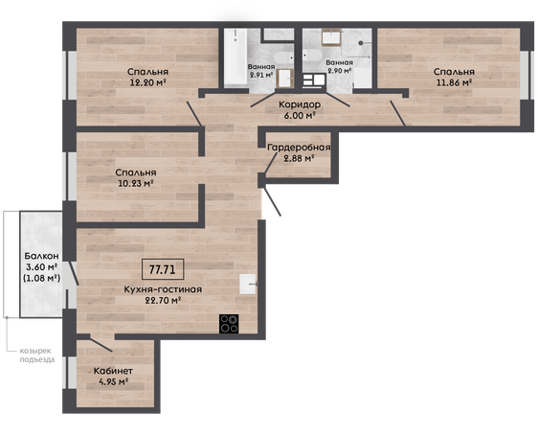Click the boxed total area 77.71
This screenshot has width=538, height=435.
pos(163,269)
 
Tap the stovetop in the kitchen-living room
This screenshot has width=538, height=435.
pos(229,324)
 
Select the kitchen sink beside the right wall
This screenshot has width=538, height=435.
pos(248,284)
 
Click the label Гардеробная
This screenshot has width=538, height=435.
pos(299,148)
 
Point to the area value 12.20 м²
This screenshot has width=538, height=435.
pos(147,82)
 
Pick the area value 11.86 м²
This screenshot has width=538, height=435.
pos(454,82)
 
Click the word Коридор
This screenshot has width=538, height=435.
pos(300,104)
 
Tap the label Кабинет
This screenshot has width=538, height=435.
pos(113,371)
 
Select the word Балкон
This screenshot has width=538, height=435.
pos(41,256)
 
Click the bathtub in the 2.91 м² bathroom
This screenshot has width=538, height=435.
pos(235,57)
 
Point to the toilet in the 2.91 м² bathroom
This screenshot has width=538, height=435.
pos(284,57)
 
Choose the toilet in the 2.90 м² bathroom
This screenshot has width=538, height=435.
pos(312,56)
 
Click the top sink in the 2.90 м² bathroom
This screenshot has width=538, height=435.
pos(331,37)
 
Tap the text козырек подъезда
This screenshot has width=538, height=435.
pos(37,355)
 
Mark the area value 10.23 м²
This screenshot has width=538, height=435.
pos(136,183)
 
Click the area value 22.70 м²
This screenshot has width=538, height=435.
pos(163,301)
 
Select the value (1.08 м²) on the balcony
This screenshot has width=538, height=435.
pos(41,278)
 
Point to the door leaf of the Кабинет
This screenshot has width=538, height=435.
pos(101,345)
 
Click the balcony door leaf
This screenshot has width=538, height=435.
pos(74,274)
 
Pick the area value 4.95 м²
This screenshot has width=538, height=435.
pos(114,381)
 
